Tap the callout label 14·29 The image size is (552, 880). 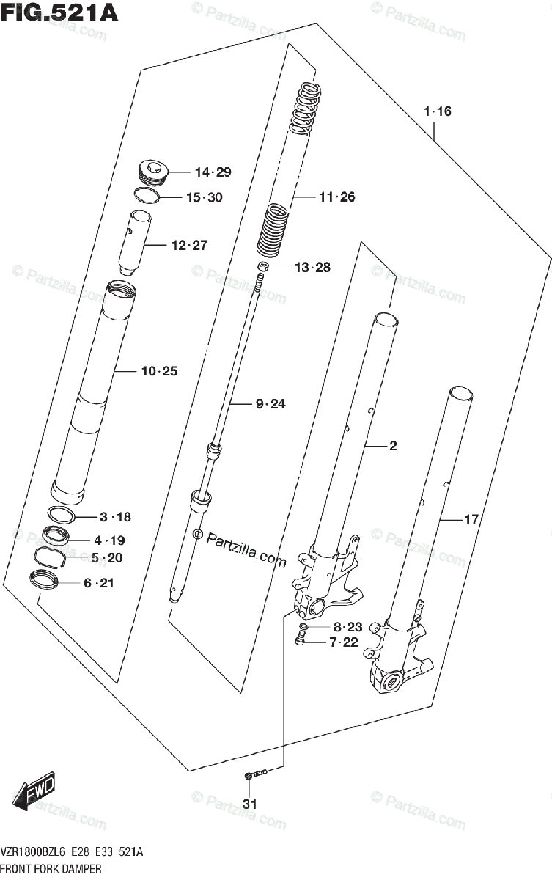tap(213, 172)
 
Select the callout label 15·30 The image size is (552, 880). tap(204, 197)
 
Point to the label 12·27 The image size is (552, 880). tap(189, 245)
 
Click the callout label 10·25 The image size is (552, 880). tap(159, 371)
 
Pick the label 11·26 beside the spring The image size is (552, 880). tap(336, 197)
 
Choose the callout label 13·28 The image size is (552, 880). tap(312, 267)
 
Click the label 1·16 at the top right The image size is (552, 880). tap(437, 111)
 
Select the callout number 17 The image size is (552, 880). tap(471, 520)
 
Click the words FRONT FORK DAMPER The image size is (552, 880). tap(51, 869)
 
